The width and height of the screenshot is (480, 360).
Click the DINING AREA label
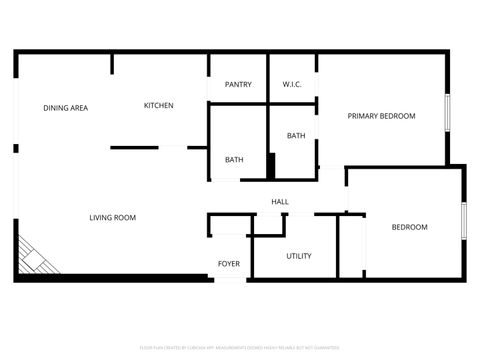[65, 106]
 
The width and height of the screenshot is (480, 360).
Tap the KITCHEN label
[158, 105]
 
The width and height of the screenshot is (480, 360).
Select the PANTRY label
[238, 84]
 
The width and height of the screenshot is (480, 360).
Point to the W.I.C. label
[292, 84]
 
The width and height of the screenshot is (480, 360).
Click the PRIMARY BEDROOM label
[381, 116]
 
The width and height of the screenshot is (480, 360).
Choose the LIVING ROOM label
[112, 217]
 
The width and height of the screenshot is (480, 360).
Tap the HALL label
[280, 202]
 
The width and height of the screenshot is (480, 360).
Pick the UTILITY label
[298, 256]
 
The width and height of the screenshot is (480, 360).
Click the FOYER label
[229, 264]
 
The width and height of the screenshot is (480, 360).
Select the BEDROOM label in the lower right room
[409, 227]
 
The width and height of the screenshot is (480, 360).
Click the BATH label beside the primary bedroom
[296, 136]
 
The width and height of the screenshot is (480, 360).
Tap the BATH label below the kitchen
[234, 159]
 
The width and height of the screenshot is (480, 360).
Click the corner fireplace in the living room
[35, 256]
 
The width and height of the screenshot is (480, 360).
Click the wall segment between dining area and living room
[134, 148]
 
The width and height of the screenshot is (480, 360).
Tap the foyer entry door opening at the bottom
[229, 279]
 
